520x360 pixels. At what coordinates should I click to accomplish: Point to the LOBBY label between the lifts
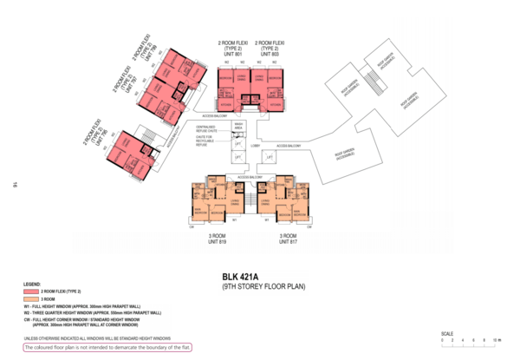tap(257, 147)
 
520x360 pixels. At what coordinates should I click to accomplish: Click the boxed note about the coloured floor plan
tap(96, 348)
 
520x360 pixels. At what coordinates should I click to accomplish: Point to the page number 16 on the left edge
tap(16, 184)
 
